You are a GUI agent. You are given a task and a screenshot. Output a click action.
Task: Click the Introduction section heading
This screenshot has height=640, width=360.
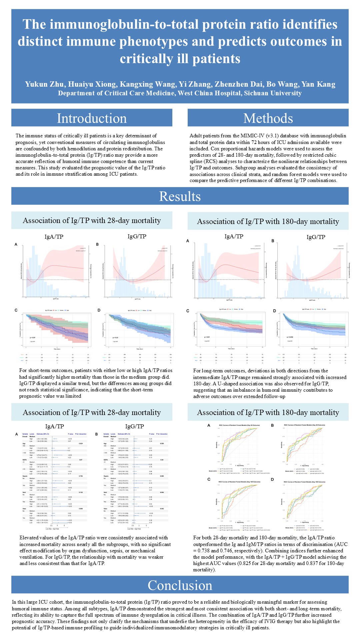coord(92,118)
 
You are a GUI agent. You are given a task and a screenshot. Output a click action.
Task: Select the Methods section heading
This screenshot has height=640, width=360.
coord(268,118)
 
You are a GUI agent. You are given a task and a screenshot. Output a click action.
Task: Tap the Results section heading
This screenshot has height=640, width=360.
coord(180,196)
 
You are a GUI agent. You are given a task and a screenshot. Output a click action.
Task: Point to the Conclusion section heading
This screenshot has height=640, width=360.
coord(180,585)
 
